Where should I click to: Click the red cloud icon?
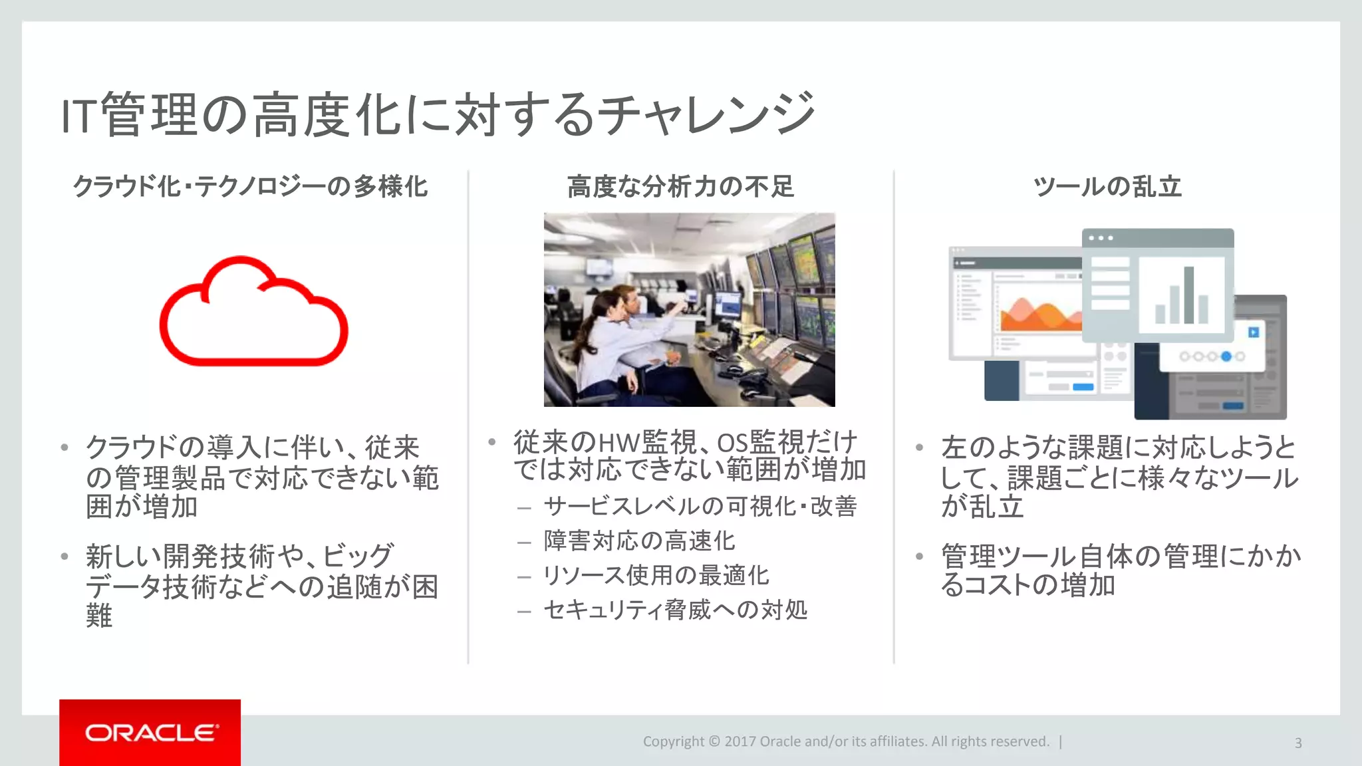click(253, 313)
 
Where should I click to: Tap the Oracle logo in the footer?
click(151, 733)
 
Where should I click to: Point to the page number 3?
click(1297, 743)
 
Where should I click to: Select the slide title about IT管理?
click(438, 114)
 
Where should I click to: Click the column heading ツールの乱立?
click(1107, 187)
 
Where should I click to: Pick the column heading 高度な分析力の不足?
click(680, 187)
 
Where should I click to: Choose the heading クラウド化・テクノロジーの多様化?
click(250, 187)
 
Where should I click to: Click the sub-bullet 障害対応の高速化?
click(639, 541)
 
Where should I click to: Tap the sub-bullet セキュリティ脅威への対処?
click(675, 610)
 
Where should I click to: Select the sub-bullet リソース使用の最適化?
click(656, 575)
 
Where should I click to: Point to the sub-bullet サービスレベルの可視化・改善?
click(700, 507)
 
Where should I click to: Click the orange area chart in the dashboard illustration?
click(1041, 317)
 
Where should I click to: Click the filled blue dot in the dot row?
click(1226, 357)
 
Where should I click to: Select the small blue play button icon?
click(1254, 332)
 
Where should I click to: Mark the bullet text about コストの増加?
click(1121, 571)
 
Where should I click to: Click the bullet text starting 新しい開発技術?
click(261, 585)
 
